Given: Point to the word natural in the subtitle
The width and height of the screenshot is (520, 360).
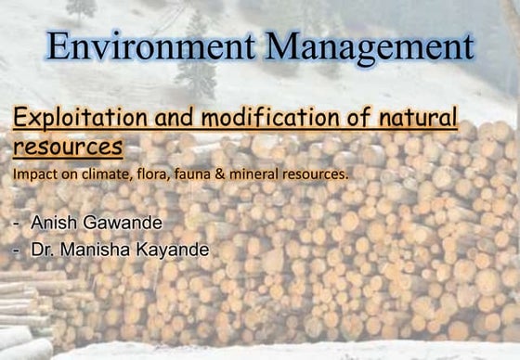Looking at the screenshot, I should [x=411, y=119].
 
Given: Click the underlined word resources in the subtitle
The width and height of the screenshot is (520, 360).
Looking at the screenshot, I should [x=68, y=147].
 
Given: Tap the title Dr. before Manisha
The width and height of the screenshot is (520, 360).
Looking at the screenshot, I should [x=42, y=250].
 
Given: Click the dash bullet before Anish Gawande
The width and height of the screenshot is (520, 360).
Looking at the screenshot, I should [x=18, y=224].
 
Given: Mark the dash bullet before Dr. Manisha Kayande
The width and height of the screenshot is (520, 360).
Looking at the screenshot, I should [x=18, y=251].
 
